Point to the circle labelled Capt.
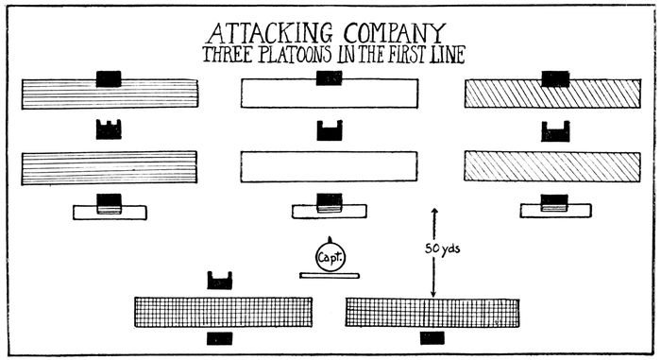[x=330, y=255]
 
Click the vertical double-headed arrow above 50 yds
[x=433, y=227]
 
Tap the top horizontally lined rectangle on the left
[x=109, y=93]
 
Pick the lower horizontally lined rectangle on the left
[x=109, y=166]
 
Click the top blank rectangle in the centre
[x=330, y=93]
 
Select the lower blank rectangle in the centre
[x=330, y=166]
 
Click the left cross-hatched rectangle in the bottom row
[x=224, y=312]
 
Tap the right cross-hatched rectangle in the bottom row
[x=432, y=312]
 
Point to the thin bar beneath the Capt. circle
[x=330, y=276]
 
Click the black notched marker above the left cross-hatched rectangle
[x=219, y=280]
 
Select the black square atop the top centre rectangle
[x=330, y=77]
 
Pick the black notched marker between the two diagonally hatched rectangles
[x=554, y=131]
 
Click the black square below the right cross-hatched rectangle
[x=432, y=336]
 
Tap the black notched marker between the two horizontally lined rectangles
[x=109, y=130]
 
